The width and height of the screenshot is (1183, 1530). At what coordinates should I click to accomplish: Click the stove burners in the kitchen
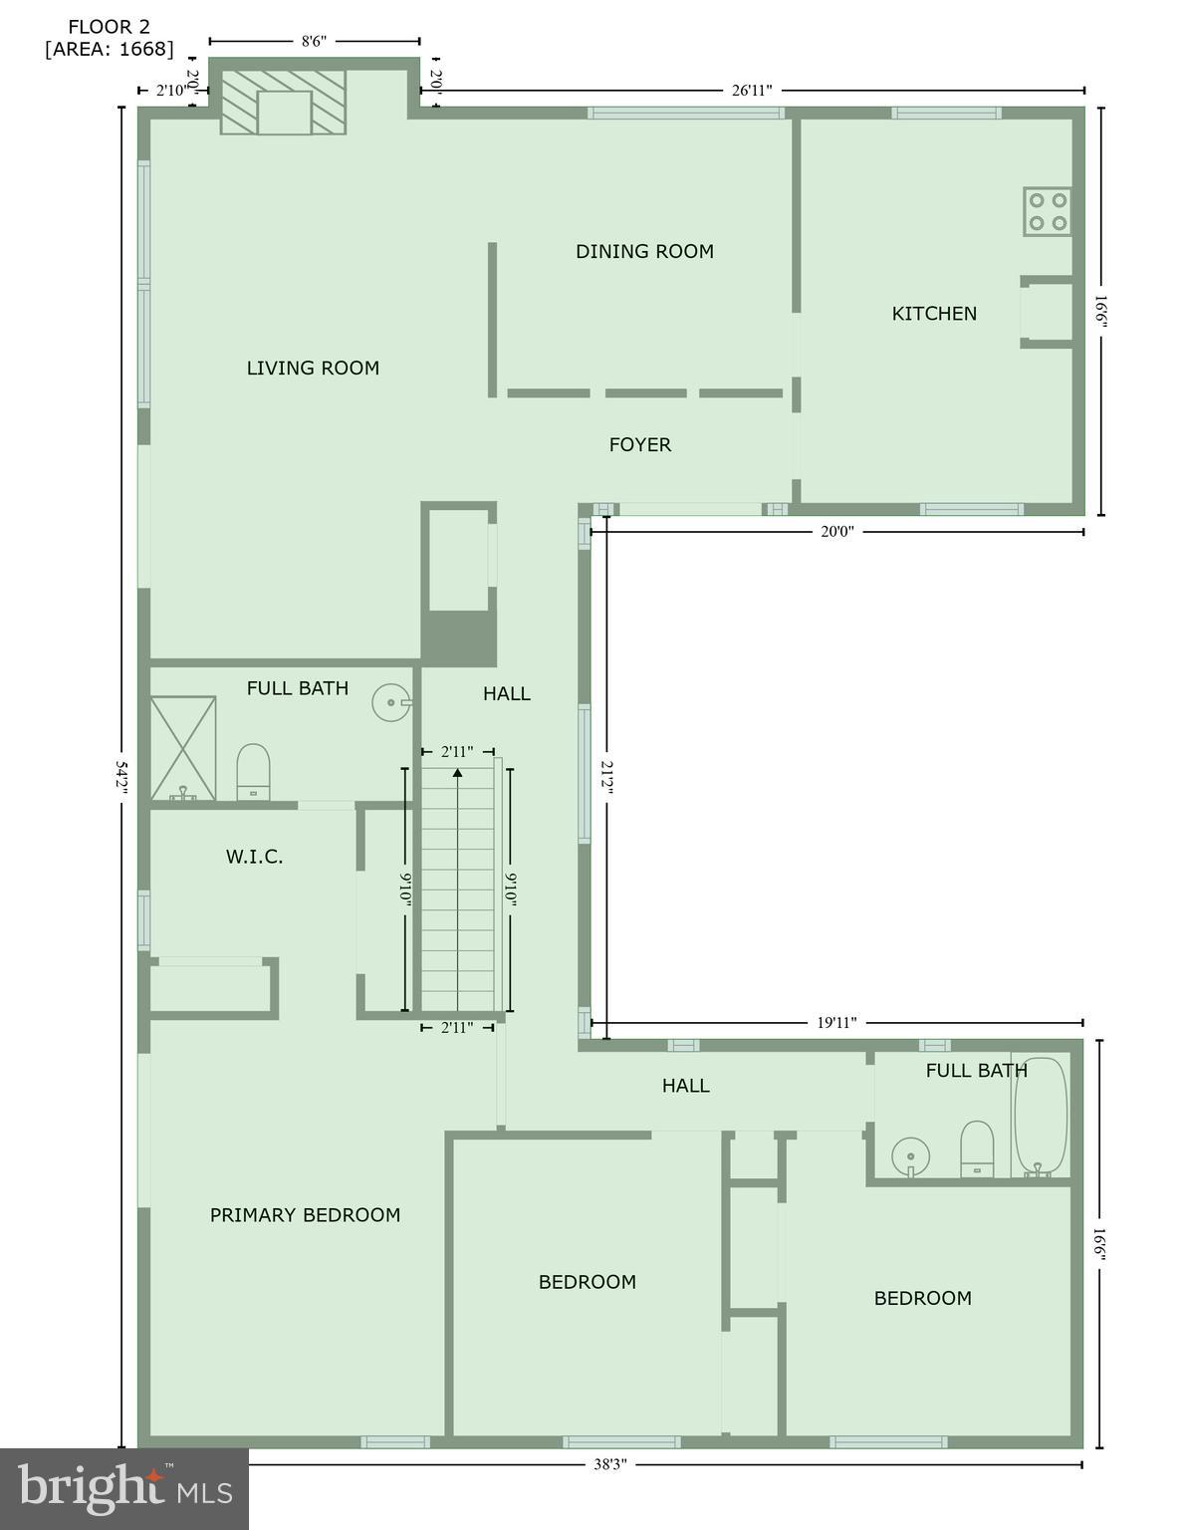click(x=1048, y=211)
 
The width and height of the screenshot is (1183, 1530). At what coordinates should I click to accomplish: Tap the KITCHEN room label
click(x=934, y=314)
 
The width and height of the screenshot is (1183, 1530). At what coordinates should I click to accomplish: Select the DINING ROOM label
click(x=644, y=252)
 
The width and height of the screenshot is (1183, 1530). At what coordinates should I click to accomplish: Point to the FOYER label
click(x=640, y=445)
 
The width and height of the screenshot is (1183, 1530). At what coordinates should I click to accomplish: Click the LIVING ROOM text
click(x=313, y=369)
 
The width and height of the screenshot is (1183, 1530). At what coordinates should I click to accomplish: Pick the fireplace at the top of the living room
click(x=284, y=102)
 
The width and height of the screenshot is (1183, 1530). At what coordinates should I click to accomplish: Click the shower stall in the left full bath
click(x=182, y=747)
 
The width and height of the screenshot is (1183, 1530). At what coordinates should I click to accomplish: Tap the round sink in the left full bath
click(x=389, y=702)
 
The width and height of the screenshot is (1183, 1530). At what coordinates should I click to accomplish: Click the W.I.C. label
click(x=254, y=857)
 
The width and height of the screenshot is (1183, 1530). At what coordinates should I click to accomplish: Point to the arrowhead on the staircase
click(x=457, y=771)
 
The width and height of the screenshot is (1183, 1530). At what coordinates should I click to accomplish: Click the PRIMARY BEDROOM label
click(x=305, y=1215)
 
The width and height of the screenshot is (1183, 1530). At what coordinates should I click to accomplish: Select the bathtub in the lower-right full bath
click(x=1041, y=1116)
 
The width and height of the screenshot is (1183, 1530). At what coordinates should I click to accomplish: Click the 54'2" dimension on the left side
click(x=121, y=778)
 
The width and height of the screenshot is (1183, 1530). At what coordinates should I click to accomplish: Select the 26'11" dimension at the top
click(x=752, y=91)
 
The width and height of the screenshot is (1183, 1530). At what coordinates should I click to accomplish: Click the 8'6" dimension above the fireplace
click(x=314, y=41)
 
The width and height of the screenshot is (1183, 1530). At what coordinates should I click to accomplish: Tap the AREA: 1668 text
click(x=110, y=49)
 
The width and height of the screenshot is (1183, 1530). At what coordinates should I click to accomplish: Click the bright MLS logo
click(x=124, y=1488)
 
